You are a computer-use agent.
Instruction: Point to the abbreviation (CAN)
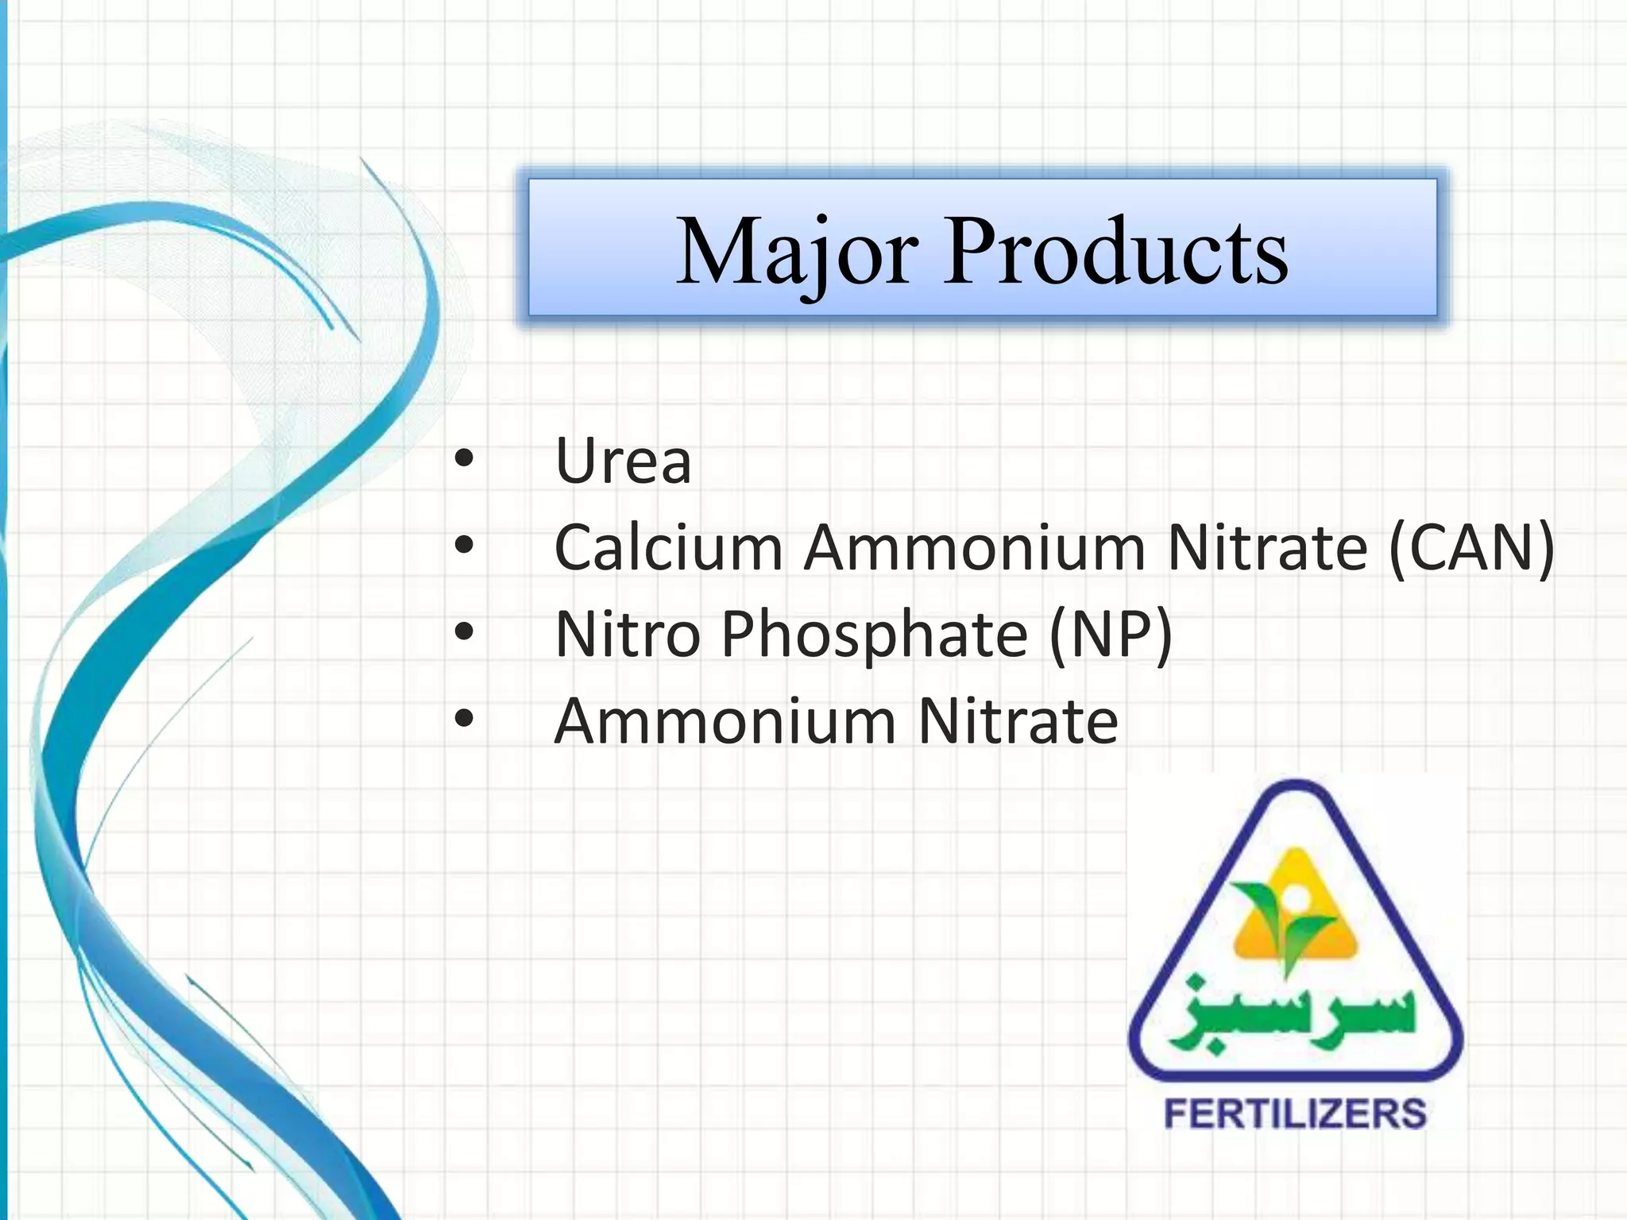[x=1471, y=547]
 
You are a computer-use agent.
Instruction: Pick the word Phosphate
[x=874, y=635]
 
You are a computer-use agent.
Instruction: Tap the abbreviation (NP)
[x=1111, y=635]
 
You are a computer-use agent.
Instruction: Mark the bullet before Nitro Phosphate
[x=464, y=632]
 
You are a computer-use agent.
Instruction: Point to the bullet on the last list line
[x=464, y=719]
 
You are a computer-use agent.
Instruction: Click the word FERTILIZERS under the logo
[x=1295, y=1114]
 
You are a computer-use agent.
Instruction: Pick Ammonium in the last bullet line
[x=725, y=721]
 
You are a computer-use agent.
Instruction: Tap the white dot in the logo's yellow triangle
[x=1295, y=898]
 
